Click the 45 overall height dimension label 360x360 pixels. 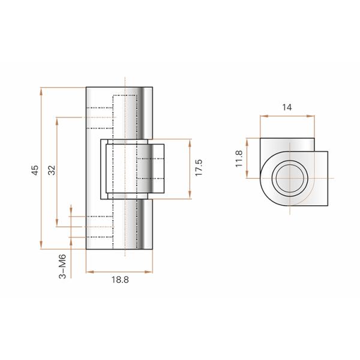pos(35,169)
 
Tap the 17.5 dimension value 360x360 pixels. pos(199,168)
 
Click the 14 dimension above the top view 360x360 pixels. pos(286,107)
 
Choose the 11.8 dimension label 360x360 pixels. pos(238,160)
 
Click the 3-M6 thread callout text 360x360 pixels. pos(62,265)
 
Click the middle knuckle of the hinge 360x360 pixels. pos(127,169)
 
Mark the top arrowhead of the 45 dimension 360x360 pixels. pos(41,90)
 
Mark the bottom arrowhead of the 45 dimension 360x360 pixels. pos(41,247)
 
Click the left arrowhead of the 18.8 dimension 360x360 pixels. pos(88,272)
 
